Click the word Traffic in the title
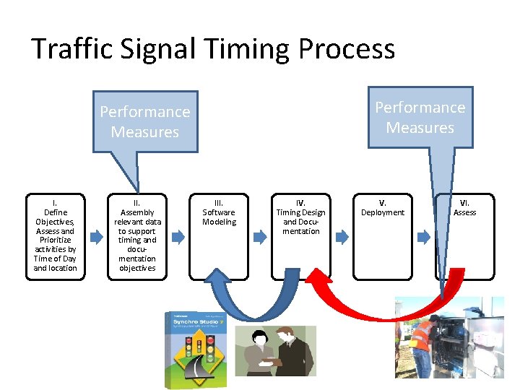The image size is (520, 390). point(69,49)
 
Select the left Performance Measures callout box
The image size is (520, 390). point(145,121)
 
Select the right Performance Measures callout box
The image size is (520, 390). point(420,117)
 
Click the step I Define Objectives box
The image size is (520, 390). point(55,235)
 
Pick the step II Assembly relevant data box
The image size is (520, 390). point(137,235)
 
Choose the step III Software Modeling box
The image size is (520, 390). point(219,235)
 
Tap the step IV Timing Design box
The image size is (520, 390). point(301,235)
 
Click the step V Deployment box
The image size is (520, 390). point(383,235)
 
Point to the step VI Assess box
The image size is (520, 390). point(465,235)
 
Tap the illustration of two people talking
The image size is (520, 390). point(274,350)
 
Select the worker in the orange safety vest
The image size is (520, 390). point(422,339)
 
